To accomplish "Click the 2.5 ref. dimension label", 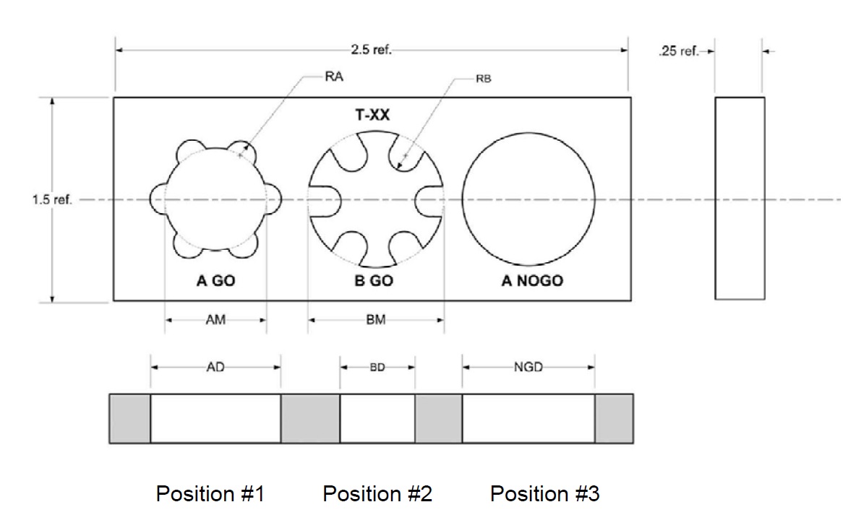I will [x=371, y=51].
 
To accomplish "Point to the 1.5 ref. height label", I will [x=52, y=199].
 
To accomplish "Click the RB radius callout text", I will [x=484, y=79].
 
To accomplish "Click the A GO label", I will [x=215, y=281].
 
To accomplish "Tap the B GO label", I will [x=374, y=281].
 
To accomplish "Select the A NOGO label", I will [x=532, y=281].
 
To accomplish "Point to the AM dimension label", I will [x=215, y=320].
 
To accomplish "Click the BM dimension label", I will [x=375, y=320].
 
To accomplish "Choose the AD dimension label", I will [x=215, y=367].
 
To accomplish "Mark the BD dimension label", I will [x=377, y=367].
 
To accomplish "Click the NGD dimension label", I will [x=528, y=367].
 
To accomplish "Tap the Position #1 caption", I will [x=210, y=494].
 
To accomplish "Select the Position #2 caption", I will [x=377, y=494].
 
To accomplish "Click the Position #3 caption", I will [x=544, y=494].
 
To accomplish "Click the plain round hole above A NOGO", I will [x=529, y=199].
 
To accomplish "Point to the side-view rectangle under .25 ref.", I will [x=740, y=197].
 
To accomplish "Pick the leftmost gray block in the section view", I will [x=129, y=418].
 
